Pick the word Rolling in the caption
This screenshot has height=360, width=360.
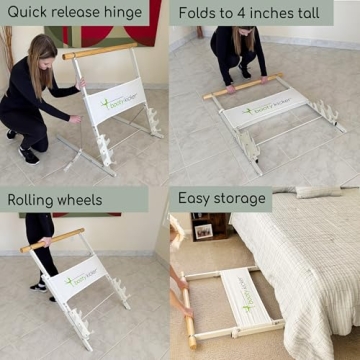point(31,200)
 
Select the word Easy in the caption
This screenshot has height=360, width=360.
point(197,198)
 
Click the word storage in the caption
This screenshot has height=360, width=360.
point(243,199)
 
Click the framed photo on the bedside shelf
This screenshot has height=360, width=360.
point(203,231)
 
